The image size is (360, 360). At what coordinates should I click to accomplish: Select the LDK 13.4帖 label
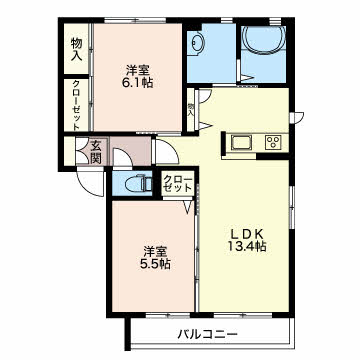tap(246, 240)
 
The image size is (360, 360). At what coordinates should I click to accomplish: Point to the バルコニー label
tap(207, 334)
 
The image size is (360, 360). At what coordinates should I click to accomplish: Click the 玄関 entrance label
tap(97, 152)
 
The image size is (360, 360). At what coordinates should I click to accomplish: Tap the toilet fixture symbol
tap(138, 184)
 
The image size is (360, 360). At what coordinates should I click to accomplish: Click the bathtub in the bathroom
tap(263, 39)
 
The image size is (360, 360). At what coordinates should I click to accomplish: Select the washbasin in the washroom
tap(197, 42)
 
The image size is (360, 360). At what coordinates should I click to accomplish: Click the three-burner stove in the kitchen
tap(273, 143)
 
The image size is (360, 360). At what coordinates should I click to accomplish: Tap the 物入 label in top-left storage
tap(77, 49)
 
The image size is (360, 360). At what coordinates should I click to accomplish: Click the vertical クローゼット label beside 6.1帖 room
tap(76, 105)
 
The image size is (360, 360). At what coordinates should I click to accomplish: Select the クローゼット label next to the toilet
tap(178, 184)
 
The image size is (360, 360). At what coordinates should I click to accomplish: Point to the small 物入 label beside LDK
tap(191, 109)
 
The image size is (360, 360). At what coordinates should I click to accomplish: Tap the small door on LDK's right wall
tap(298, 118)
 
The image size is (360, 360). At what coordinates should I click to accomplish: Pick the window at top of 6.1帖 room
tap(135, 20)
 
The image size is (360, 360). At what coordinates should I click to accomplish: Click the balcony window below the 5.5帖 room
tap(168, 315)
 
